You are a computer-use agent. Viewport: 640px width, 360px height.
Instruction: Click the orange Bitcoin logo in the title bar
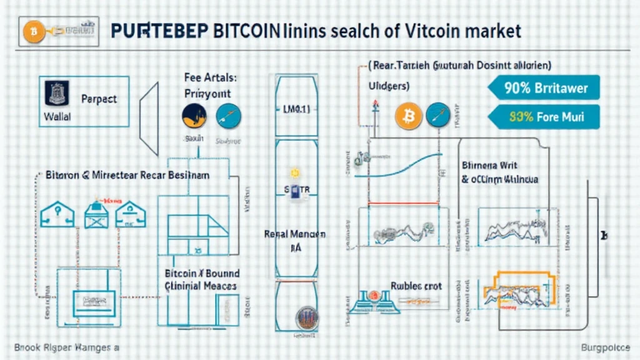point(33,31)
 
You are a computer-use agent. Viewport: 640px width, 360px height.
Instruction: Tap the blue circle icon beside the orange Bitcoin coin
point(437,115)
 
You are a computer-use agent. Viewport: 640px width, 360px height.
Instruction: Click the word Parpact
point(99,99)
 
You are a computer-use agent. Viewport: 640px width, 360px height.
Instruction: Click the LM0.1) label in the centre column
point(292,110)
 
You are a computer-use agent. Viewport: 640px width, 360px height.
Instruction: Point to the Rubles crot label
point(416,286)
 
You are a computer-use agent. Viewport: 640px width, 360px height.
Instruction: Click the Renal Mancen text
point(294,235)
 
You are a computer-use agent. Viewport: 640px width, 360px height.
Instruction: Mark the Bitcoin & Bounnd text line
point(202,274)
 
